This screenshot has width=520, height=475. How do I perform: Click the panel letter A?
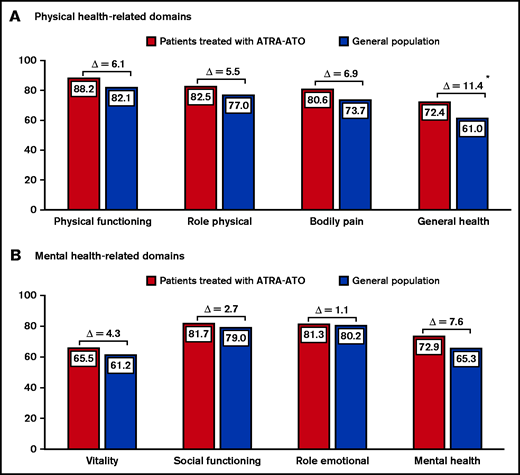(11, 16)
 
